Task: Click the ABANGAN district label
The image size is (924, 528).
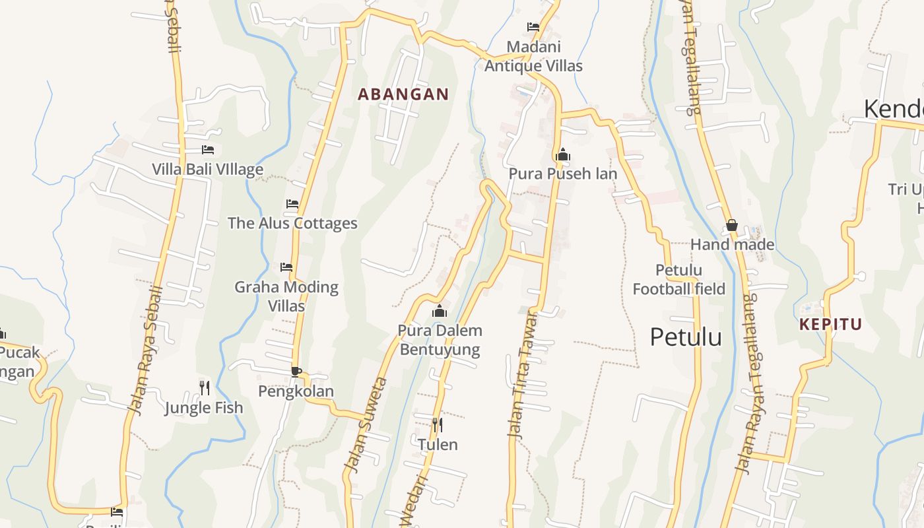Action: pos(403,94)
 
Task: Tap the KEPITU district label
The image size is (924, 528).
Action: pos(830,324)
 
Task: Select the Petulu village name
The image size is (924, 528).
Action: pos(686,337)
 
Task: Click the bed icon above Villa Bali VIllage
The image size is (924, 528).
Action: pos(208,150)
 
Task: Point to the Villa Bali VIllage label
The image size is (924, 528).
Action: pos(207,169)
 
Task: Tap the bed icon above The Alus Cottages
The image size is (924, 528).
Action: pos(292,204)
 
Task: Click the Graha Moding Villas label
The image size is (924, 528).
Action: pos(286,296)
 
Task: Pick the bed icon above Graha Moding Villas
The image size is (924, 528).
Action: pos(286,267)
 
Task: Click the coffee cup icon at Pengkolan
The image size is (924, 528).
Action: pos(296,372)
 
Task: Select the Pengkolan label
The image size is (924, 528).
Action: pos(296,391)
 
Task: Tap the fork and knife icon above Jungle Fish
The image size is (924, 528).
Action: pos(205,387)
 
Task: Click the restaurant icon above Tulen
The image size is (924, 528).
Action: pos(437,424)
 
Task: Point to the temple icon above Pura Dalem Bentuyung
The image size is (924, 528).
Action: pos(440,311)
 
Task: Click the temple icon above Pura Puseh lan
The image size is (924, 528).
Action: pos(563,155)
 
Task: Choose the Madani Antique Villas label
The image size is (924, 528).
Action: pos(533,56)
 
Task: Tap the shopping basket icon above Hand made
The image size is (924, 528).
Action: pos(731,225)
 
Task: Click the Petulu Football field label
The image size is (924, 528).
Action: pos(678,279)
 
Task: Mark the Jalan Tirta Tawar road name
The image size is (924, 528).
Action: pos(523,374)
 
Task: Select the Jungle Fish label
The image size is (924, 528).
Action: pos(203,407)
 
